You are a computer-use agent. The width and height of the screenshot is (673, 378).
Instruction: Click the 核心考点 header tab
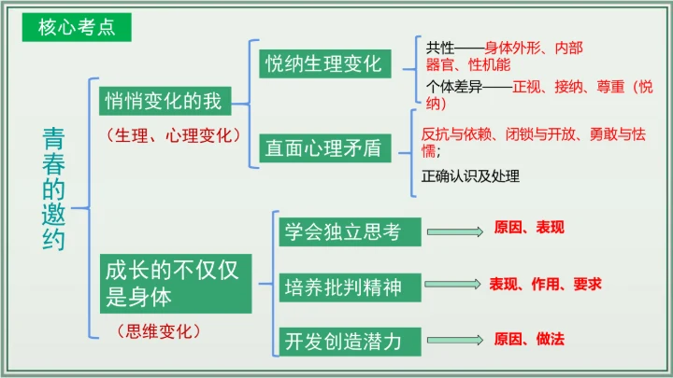tap(77, 27)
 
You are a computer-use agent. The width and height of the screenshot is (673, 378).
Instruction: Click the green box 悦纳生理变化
tap(323, 64)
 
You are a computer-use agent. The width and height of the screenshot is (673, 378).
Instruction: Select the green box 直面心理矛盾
tap(323, 147)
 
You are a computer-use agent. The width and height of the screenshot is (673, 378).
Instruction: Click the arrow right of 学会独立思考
tap(452, 230)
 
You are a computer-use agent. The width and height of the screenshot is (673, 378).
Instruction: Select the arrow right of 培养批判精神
tap(452, 285)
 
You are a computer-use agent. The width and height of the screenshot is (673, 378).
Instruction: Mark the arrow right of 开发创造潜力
tap(452, 340)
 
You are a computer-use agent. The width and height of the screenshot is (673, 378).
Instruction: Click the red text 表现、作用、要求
tap(545, 284)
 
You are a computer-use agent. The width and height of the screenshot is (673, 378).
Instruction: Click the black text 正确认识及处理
tap(470, 175)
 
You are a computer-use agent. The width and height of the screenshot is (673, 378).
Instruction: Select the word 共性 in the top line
tap(439, 47)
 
